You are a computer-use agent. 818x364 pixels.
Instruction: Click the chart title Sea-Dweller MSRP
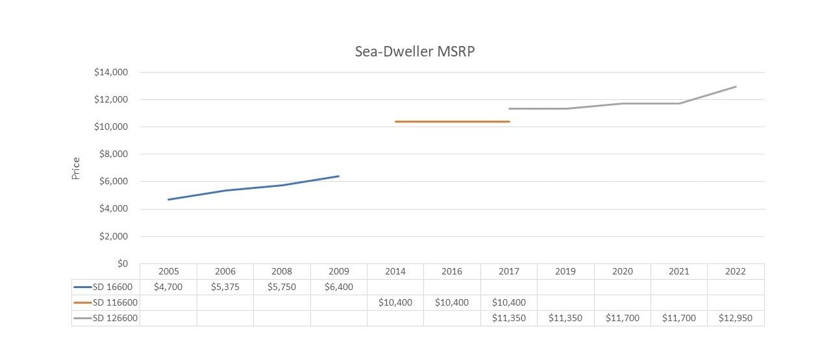(415, 52)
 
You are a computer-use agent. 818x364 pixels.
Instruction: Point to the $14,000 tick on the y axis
(110, 72)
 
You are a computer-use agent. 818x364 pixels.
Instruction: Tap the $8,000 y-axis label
(113, 154)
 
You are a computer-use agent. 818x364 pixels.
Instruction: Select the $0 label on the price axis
(121, 263)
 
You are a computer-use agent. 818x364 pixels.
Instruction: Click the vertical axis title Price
(76, 169)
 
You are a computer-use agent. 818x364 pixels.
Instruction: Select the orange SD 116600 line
(452, 121)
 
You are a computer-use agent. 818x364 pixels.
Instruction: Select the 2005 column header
(168, 271)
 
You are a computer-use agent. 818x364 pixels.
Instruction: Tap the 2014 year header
(395, 271)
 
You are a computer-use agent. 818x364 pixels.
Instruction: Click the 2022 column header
(736, 271)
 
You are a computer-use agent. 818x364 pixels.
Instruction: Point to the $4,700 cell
(168, 287)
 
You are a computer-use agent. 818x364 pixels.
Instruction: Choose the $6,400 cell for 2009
(338, 287)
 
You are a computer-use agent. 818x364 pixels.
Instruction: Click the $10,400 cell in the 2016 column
(452, 302)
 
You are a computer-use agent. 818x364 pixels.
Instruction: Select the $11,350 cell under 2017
(508, 318)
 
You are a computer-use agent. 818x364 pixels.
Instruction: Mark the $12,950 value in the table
(736, 318)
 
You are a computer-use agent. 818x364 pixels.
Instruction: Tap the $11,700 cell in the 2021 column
(678, 318)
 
